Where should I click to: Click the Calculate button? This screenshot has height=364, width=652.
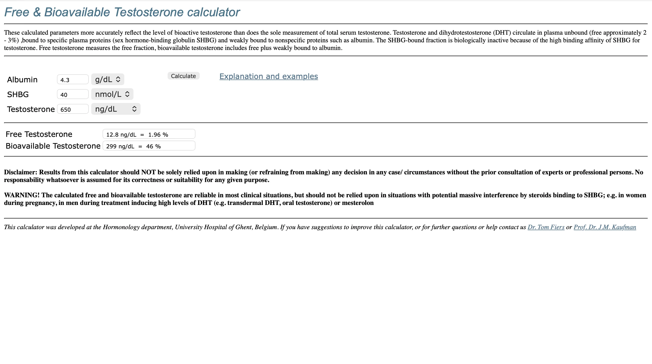coord(183,76)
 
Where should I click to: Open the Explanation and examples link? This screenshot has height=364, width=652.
coord(268,76)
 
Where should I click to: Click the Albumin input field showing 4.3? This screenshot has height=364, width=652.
coord(73,80)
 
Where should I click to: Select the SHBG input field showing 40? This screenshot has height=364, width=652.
coord(73,95)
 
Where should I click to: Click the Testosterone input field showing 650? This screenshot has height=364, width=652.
coord(73,109)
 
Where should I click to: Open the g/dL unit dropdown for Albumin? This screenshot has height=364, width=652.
coord(107,80)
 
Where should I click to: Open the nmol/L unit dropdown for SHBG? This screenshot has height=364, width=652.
coord(112,94)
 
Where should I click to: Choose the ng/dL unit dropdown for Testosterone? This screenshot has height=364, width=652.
coord(116,109)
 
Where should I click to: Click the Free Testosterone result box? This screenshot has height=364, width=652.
coord(149,134)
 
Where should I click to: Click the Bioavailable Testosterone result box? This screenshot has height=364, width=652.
coord(149,146)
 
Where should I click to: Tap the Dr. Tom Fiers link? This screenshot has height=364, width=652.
coord(546,227)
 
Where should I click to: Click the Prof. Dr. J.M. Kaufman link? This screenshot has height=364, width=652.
coord(605,227)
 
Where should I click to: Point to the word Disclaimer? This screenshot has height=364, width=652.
coord(20,172)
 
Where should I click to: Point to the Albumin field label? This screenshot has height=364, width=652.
coord(22,80)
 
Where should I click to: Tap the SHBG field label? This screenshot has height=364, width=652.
coord(18,95)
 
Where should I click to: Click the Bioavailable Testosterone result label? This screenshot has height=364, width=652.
coord(53,146)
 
